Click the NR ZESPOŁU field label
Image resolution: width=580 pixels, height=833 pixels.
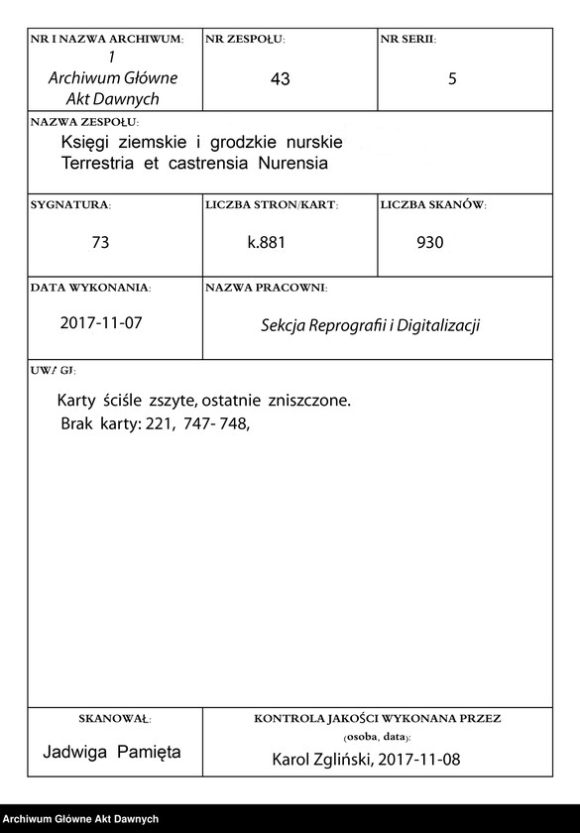pyautogui.click(x=244, y=40)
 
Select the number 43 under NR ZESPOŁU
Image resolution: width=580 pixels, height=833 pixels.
pyautogui.click(x=280, y=79)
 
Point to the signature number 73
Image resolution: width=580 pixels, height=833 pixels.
pyautogui.click(x=99, y=242)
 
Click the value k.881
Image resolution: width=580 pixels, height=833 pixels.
pyautogui.click(x=267, y=242)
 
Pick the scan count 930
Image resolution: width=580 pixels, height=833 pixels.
pyautogui.click(x=430, y=242)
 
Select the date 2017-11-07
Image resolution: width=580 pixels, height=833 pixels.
pyautogui.click(x=102, y=322)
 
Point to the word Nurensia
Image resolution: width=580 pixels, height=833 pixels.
pyautogui.click(x=292, y=163)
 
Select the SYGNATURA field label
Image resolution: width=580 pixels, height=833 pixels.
pyautogui.click(x=70, y=205)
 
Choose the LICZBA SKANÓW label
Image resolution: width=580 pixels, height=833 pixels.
pyautogui.click(x=433, y=205)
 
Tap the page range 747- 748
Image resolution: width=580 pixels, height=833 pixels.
pyautogui.click(x=216, y=423)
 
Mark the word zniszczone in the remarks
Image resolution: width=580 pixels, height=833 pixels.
pyautogui.click(x=309, y=402)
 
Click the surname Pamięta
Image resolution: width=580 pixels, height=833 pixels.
pyautogui.click(x=148, y=752)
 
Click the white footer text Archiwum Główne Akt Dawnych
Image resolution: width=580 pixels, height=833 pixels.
pyautogui.click(x=80, y=818)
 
